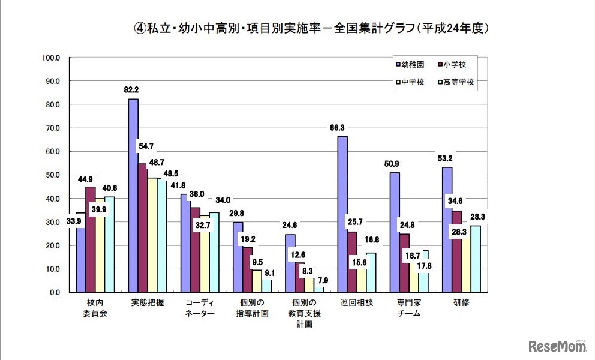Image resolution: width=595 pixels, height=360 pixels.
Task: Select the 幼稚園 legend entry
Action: (413, 64)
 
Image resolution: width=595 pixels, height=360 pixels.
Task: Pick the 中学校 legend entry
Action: (413, 82)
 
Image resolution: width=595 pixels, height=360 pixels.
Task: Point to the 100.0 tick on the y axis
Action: (52, 58)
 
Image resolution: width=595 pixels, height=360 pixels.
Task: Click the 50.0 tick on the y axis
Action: (52, 175)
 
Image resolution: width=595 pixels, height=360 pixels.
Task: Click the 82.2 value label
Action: (131, 90)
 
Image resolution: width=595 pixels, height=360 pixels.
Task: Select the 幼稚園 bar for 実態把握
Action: (133, 196)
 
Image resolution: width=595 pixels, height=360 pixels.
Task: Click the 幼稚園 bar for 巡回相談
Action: (342, 214)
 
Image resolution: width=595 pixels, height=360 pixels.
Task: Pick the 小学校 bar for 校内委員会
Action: (91, 239)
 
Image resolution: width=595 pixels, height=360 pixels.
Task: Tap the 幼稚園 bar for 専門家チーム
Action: (395, 232)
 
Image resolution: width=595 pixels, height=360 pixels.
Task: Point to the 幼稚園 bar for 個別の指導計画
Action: (238, 257)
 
